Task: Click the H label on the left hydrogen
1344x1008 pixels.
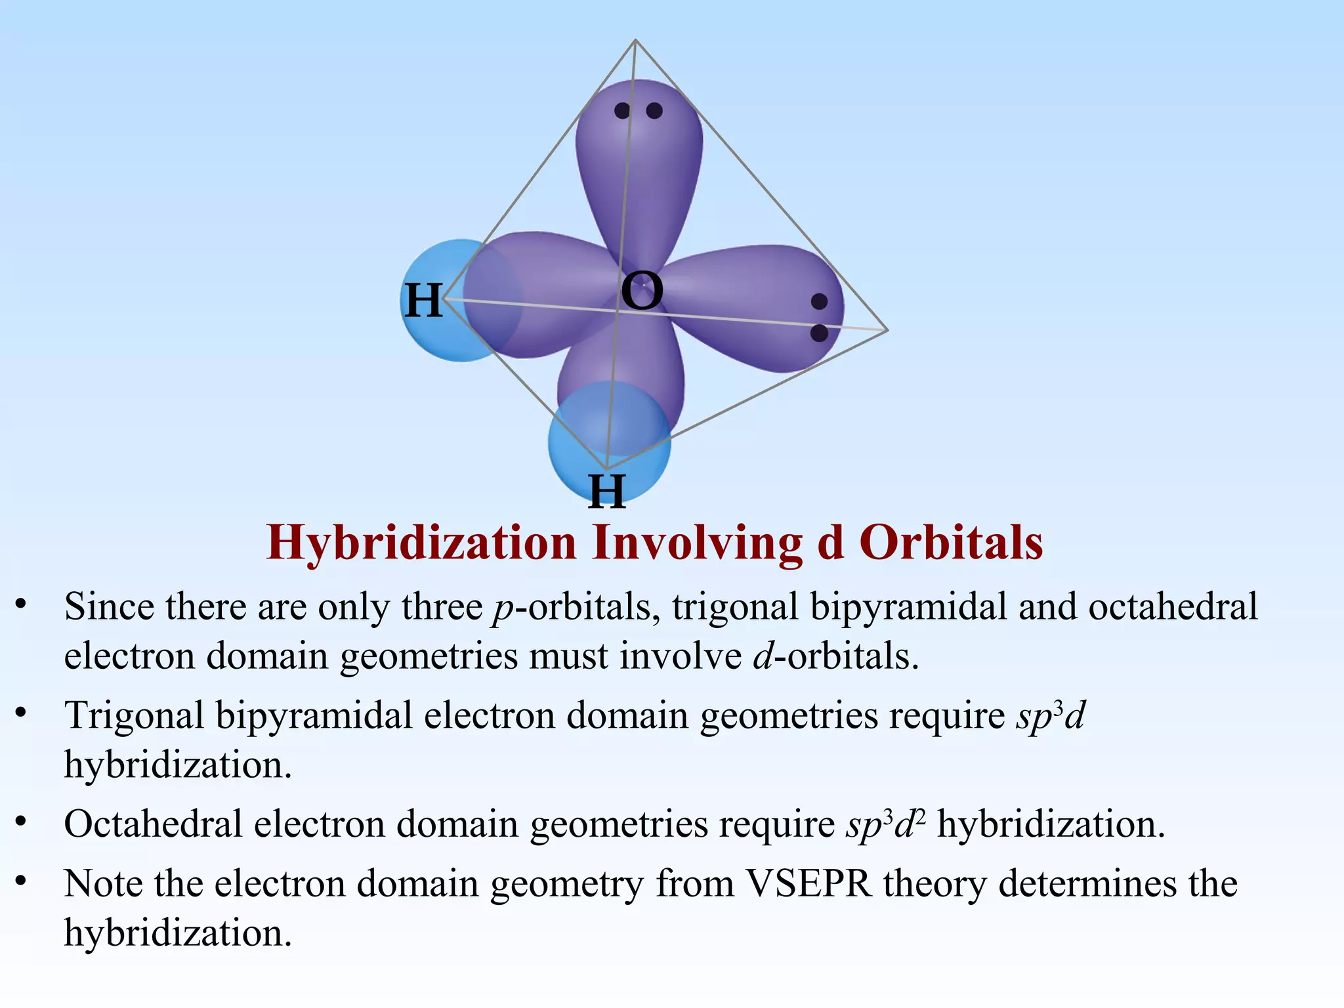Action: tap(423, 301)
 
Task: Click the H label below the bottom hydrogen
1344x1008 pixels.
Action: tap(607, 491)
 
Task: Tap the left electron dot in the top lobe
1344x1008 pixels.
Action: tap(622, 110)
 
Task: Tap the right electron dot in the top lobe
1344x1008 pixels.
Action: tap(654, 110)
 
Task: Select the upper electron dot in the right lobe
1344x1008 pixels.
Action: tap(819, 301)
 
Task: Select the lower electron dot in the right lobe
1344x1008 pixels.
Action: tap(819, 333)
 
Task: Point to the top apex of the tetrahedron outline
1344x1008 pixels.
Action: tap(635, 41)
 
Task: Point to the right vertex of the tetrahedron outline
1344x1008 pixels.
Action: tap(887, 330)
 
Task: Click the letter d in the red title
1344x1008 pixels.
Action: tap(831, 543)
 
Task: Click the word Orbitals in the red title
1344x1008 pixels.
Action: tap(951, 543)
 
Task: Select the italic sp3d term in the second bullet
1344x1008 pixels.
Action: tap(1050, 715)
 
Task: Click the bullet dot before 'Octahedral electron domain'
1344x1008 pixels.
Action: tap(21, 822)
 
